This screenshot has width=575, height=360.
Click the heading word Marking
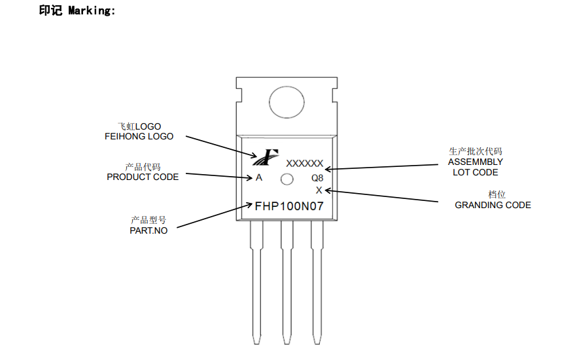pyautogui.click(x=91, y=10)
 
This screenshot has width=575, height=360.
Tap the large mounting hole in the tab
pyautogui.click(x=287, y=103)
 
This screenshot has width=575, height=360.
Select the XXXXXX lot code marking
pyautogui.click(x=304, y=164)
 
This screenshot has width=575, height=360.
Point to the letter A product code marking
pyautogui.click(x=259, y=178)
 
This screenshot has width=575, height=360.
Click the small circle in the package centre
pyautogui.click(x=287, y=179)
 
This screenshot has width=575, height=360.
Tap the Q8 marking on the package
pyautogui.click(x=317, y=178)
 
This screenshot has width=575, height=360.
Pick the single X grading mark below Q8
pyautogui.click(x=319, y=190)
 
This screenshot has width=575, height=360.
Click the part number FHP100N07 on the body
pyautogui.click(x=288, y=206)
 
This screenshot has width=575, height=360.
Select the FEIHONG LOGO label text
pyautogui.click(x=139, y=137)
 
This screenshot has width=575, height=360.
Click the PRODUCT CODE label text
pyautogui.click(x=143, y=177)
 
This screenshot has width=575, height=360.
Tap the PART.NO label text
pyautogui.click(x=148, y=230)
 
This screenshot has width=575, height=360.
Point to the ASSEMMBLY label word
pyautogui.click(x=476, y=162)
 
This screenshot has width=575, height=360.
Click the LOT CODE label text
pyautogui.click(x=476, y=173)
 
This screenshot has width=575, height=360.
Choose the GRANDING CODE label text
pyautogui.click(x=493, y=205)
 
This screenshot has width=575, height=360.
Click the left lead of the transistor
pyautogui.click(x=256, y=281)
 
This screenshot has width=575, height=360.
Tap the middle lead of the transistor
pyautogui.click(x=287, y=281)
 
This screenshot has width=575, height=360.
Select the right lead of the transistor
pyautogui.click(x=317, y=281)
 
